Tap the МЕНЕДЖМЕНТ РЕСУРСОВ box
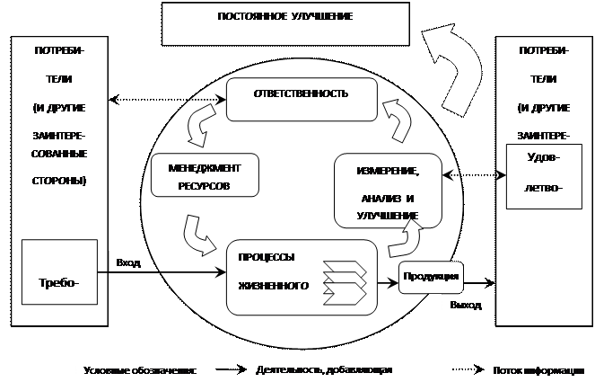point(198,174)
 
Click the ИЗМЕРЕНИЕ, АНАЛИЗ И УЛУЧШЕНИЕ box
point(389,191)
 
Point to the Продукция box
point(431,276)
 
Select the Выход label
point(466,306)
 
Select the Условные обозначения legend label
point(138,369)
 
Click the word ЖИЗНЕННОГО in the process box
point(274,287)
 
